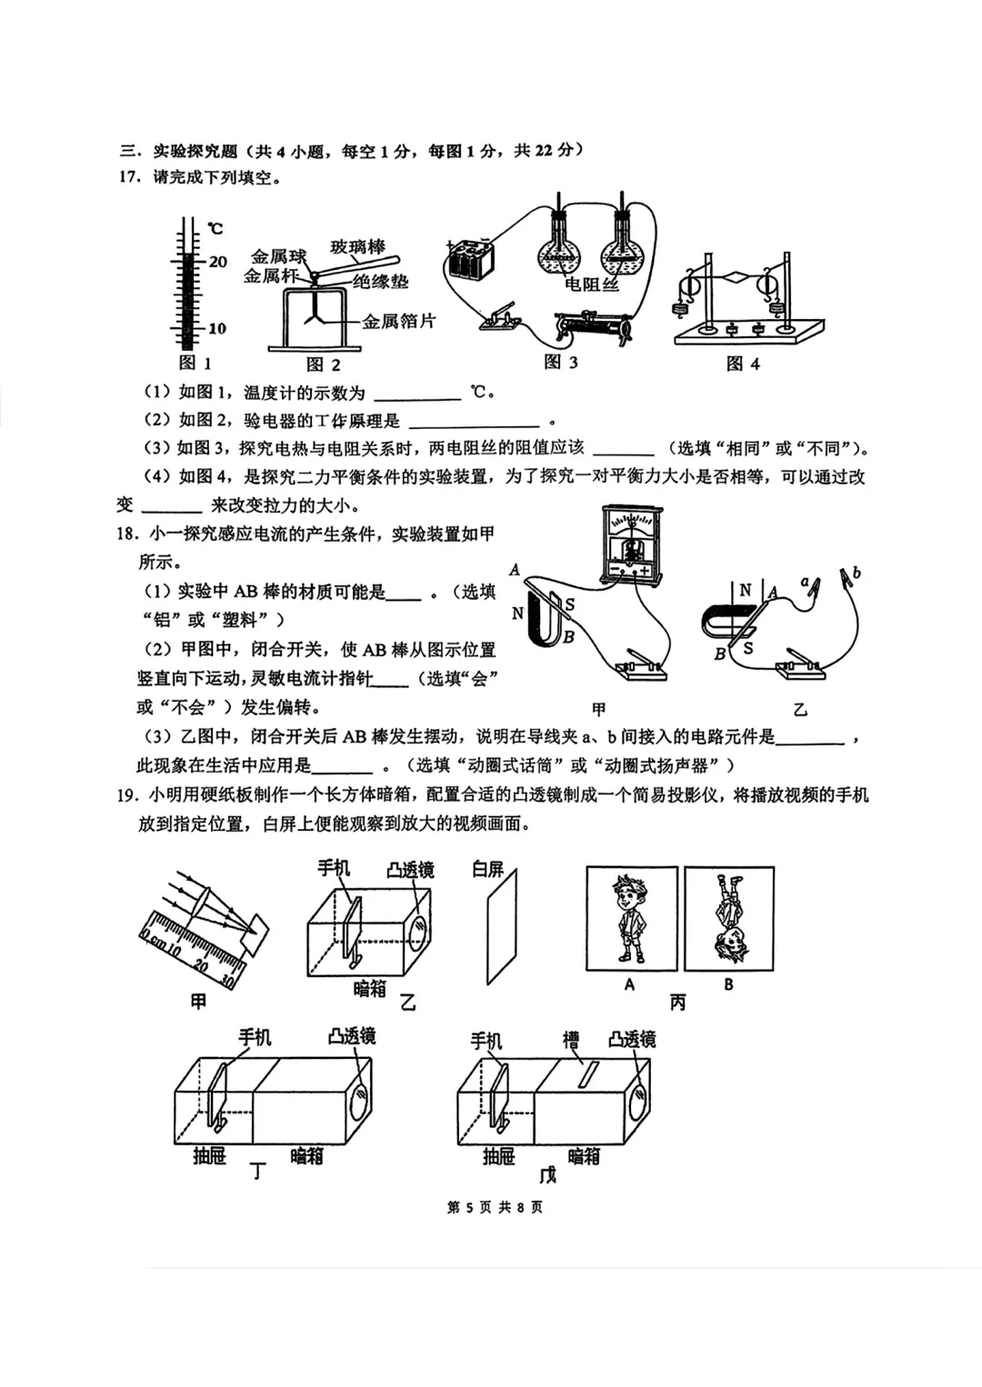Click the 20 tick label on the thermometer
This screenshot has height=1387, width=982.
click(x=217, y=262)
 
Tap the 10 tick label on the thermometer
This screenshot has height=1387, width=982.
click(x=217, y=328)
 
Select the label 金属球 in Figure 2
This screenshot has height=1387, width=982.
click(x=277, y=256)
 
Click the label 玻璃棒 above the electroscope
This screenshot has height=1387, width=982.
click(x=356, y=246)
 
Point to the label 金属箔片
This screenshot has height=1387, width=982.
click(x=398, y=321)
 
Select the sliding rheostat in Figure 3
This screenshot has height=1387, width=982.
click(x=593, y=324)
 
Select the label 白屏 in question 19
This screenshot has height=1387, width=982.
click(x=487, y=869)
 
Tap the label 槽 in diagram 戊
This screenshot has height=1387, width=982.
click(x=571, y=1039)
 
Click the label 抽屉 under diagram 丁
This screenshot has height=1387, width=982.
click(x=208, y=1155)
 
